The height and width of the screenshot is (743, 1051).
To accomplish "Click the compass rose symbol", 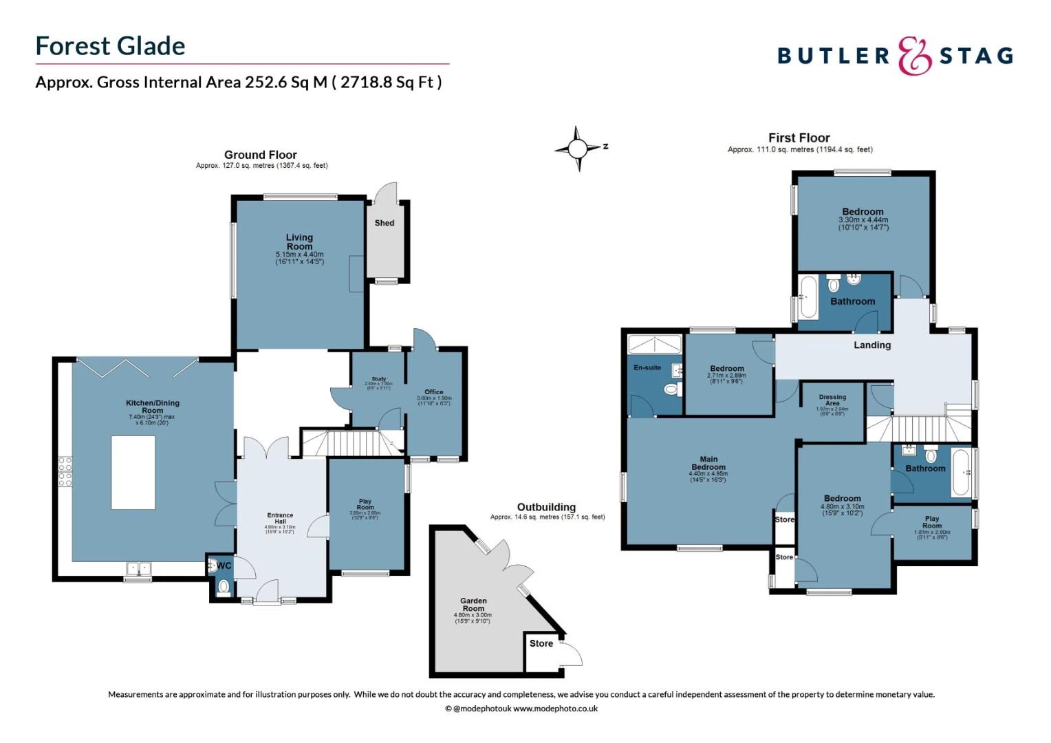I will click(x=578, y=148).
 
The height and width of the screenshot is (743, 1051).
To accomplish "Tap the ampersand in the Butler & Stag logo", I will click(x=914, y=56).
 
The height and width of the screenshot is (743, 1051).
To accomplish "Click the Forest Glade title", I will click(x=110, y=46).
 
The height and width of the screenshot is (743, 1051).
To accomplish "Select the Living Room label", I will click(x=299, y=241).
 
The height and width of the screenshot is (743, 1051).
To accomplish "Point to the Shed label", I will click(x=384, y=223).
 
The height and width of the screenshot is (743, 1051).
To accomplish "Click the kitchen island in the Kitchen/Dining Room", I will click(x=133, y=472).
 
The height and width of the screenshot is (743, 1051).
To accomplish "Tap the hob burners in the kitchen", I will click(x=65, y=471).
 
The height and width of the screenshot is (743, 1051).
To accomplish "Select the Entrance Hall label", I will click(x=280, y=518).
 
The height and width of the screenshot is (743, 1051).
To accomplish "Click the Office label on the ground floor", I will click(x=434, y=391).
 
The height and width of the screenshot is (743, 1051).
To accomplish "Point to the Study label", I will click(x=378, y=379).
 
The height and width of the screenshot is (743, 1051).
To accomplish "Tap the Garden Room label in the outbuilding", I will click(x=473, y=605).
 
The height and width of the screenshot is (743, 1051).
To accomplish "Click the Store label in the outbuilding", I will click(x=541, y=643).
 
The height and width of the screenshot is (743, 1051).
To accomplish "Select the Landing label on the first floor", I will click(x=872, y=345).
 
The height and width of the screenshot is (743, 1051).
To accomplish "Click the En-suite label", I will click(x=647, y=367).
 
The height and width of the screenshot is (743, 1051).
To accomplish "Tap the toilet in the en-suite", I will click(x=671, y=390).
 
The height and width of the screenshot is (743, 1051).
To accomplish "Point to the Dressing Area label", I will click(x=832, y=400).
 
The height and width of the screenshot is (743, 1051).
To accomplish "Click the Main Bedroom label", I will click(x=708, y=463).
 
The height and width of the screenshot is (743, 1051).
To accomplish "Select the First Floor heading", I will click(x=799, y=138).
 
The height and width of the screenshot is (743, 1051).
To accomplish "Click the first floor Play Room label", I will click(x=932, y=522).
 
